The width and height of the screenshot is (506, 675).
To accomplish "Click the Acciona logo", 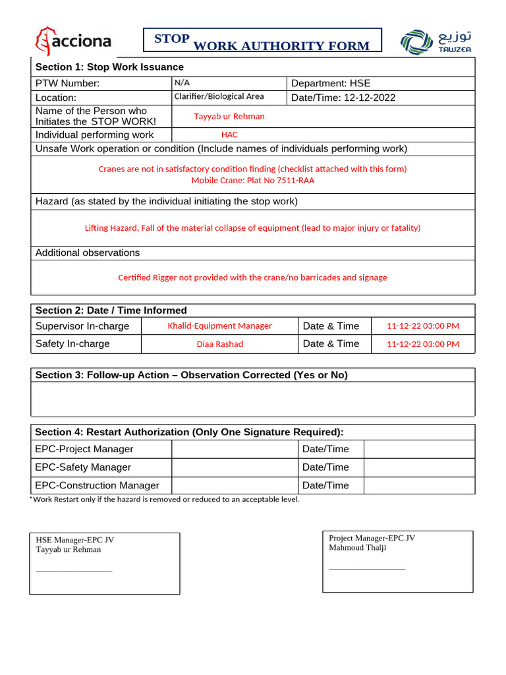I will point(72,42).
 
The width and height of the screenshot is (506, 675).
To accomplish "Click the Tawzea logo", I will point(436,42).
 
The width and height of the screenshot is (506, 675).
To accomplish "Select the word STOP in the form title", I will point(172,39).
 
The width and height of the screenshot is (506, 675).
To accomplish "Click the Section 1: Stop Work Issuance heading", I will point(109,67).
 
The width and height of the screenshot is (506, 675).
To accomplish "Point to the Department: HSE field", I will point(331,83).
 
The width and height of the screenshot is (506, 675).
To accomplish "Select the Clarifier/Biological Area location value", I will point(219,96).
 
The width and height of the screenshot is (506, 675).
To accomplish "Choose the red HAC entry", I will point(229,134).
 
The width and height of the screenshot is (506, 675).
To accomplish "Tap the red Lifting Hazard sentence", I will point(252,228).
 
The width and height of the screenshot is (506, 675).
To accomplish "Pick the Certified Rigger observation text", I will point(252,278).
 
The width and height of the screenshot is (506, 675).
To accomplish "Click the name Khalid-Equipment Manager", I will point(219,326).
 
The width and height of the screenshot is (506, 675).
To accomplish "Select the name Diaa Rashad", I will point(219,344).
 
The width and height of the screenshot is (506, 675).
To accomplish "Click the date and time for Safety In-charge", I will point(422,344).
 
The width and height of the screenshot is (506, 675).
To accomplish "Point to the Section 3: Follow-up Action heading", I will point(191,375).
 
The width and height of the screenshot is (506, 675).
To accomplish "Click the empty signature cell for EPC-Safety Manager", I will point(235,467).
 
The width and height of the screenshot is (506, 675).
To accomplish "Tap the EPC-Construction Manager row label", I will point(97,485).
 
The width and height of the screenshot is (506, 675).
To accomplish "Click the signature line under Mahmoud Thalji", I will point(366,568).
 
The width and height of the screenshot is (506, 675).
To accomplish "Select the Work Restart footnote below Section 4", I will point(165,500).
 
